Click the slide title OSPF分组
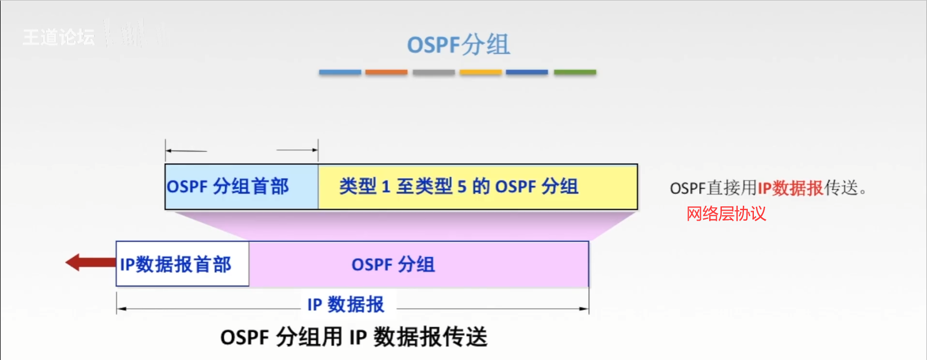pos(458,44)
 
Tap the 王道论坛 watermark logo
pos(59,37)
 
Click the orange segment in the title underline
pos(386,72)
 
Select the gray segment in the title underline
pos(434,72)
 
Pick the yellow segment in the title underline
pos(481,72)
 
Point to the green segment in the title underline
pos(575,72)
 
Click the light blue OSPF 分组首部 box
pos(242,186)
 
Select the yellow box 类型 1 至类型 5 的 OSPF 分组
pos(477,186)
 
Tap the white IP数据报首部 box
pos(182,264)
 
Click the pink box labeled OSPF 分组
pos(419,264)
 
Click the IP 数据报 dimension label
pos(346,304)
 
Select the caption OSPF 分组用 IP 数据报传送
pos(354,337)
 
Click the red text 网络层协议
pos(726,213)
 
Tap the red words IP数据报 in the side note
pos(790,188)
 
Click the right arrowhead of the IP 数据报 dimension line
pos(585,309)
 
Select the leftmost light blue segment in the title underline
pos(340,72)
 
